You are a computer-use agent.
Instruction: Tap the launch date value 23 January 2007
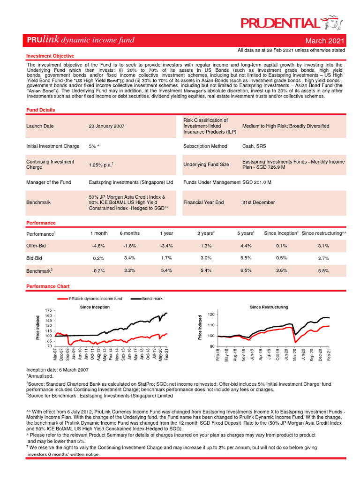click(106, 126)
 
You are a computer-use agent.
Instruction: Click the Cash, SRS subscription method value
click(254, 146)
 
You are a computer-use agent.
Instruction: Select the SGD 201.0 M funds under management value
click(257, 182)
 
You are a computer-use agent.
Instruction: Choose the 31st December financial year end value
click(259, 202)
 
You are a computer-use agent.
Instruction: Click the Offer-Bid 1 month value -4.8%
click(98, 246)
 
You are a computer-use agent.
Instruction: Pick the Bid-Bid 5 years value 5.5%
click(246, 258)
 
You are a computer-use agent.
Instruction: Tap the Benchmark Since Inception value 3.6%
click(281, 270)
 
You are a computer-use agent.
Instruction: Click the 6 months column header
click(129, 233)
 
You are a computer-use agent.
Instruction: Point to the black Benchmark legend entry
click(147, 299)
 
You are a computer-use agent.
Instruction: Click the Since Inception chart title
click(95, 307)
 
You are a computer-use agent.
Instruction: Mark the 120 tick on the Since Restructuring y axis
click(210, 314)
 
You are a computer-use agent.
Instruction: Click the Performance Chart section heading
click(48, 286)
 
